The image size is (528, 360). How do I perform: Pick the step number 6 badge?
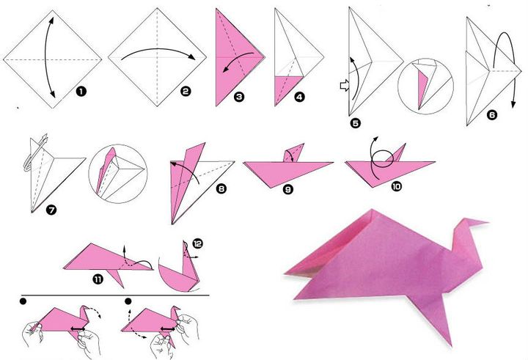point(491,114)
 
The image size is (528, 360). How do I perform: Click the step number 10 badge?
point(396,187)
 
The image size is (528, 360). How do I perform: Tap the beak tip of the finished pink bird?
point(488,221)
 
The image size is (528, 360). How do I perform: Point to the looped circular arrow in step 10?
point(377,166)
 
